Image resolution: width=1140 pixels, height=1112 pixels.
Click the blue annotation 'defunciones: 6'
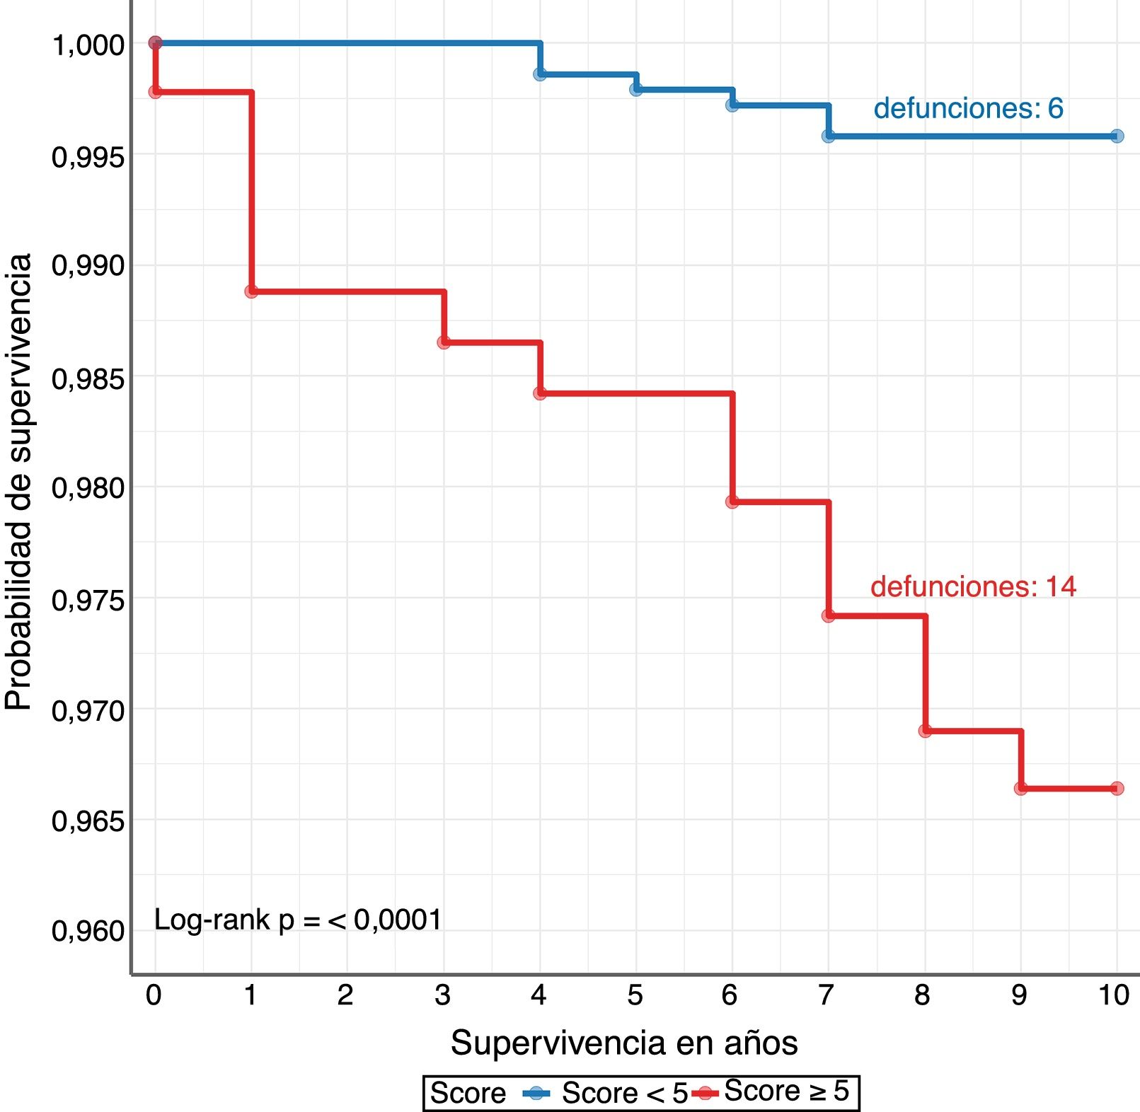click(x=968, y=108)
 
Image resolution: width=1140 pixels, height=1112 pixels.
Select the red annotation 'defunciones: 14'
click(x=973, y=586)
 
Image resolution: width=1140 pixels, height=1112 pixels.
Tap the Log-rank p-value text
click(x=297, y=920)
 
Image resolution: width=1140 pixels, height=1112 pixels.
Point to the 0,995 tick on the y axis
click(x=88, y=156)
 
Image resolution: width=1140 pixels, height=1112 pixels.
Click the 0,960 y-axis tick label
click(x=88, y=931)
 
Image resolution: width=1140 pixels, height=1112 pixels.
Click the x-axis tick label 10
click(x=1114, y=995)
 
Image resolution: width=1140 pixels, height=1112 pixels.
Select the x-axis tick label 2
click(x=345, y=995)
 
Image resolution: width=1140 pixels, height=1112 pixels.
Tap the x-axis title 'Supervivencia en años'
click(x=624, y=1043)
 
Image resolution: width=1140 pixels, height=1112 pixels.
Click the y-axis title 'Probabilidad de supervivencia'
click(x=19, y=481)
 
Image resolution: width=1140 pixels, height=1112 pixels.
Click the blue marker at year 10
click(x=1117, y=136)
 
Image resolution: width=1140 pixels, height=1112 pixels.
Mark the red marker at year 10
click(x=1117, y=788)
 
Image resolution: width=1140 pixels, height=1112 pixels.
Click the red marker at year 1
click(x=251, y=291)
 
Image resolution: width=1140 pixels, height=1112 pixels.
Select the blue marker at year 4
click(x=540, y=74)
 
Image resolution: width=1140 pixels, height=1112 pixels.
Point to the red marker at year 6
click(x=732, y=502)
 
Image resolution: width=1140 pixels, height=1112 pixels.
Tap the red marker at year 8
click(x=925, y=731)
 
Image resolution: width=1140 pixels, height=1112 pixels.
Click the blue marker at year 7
click(x=829, y=136)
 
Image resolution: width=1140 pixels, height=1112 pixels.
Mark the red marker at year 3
click(x=444, y=342)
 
